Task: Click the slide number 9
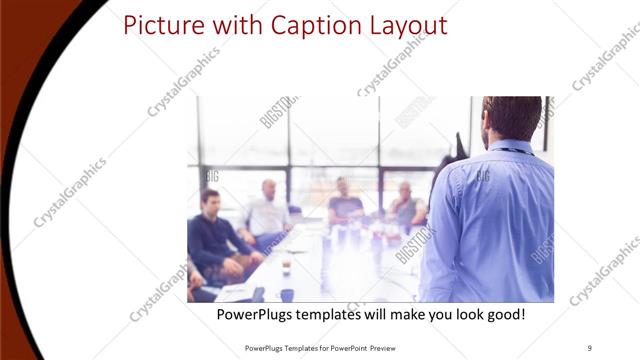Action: click(590, 347)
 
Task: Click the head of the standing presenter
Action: click(511, 118)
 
